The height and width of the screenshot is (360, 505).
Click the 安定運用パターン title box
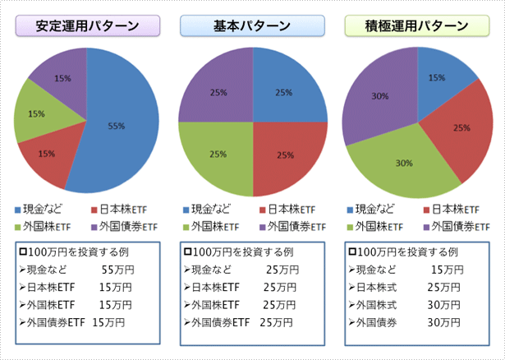click(86, 25)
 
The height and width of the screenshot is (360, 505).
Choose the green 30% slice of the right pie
click(402, 162)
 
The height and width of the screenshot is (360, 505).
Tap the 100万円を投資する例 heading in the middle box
click(238, 251)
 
